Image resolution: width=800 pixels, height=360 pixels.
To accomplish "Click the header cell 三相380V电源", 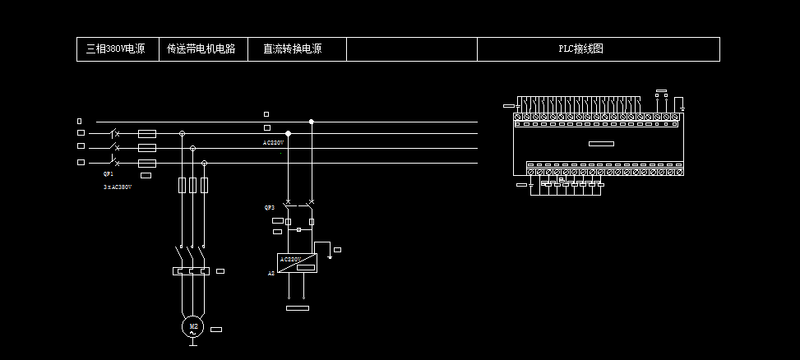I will coord(116,49).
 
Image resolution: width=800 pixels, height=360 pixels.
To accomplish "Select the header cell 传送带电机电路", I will coord(201,49).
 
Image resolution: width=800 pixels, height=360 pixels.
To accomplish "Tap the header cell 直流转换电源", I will coord(292,49).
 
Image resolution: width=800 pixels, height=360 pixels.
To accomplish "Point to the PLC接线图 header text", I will coord(581,49).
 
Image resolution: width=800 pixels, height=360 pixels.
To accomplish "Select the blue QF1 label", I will coord(108,175).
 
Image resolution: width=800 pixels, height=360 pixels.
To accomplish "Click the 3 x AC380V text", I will coord(118,187).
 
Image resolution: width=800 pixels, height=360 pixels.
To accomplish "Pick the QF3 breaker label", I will coord(269,208).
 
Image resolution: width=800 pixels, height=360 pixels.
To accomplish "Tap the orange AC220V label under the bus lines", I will coord(273,142).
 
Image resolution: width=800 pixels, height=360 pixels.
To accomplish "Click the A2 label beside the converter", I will coord(271,273).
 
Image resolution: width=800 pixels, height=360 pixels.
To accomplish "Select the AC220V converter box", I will coord(298,263).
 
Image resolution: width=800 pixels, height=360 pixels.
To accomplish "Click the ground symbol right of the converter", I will coord(329,257).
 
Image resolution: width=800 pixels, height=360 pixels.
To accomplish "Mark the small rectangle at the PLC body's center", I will coord(601,144).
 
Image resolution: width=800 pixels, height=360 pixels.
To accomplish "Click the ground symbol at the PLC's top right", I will coord(682,107).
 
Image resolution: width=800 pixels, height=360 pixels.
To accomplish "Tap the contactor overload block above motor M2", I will coord(192,270).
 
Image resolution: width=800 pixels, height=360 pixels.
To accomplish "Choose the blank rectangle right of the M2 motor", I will coord(216,330).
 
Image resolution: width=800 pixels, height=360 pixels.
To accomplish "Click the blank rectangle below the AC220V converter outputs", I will coord(296,308).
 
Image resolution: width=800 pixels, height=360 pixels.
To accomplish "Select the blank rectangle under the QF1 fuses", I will coord(146,175).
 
